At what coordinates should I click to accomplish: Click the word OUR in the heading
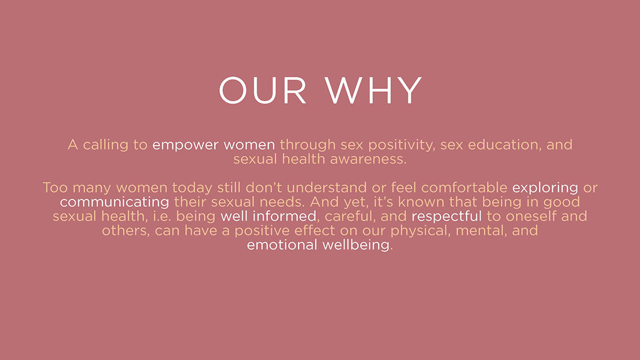pyautogui.click(x=262, y=90)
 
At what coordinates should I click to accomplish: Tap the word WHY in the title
pyautogui.click(x=373, y=90)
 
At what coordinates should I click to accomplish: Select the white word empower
pyautogui.click(x=186, y=146)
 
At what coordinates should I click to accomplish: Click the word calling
pyautogui.click(x=106, y=146)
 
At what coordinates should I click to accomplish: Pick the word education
pyautogui.click(x=505, y=145)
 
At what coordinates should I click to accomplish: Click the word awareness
pyautogui.click(x=368, y=159)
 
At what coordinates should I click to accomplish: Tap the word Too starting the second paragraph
pyautogui.click(x=55, y=188)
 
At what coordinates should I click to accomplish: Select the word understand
pyautogui.click(x=326, y=188)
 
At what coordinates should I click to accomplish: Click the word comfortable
pyautogui.click(x=464, y=188)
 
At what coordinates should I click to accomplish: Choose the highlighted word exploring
pyautogui.click(x=545, y=188)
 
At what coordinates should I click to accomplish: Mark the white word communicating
pyautogui.click(x=114, y=203)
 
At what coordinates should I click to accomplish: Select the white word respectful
pyautogui.click(x=446, y=217)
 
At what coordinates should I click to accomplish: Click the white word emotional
pyautogui.click(x=282, y=245)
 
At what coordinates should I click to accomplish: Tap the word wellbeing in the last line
pyautogui.click(x=356, y=245)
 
